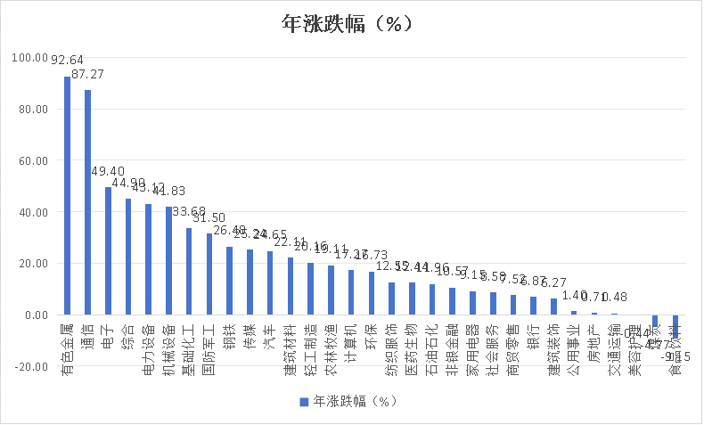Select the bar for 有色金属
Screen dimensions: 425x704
67,196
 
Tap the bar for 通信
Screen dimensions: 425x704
87,202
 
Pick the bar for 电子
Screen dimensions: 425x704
108,251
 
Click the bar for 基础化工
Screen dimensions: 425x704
189,272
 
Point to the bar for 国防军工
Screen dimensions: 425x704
209,274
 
